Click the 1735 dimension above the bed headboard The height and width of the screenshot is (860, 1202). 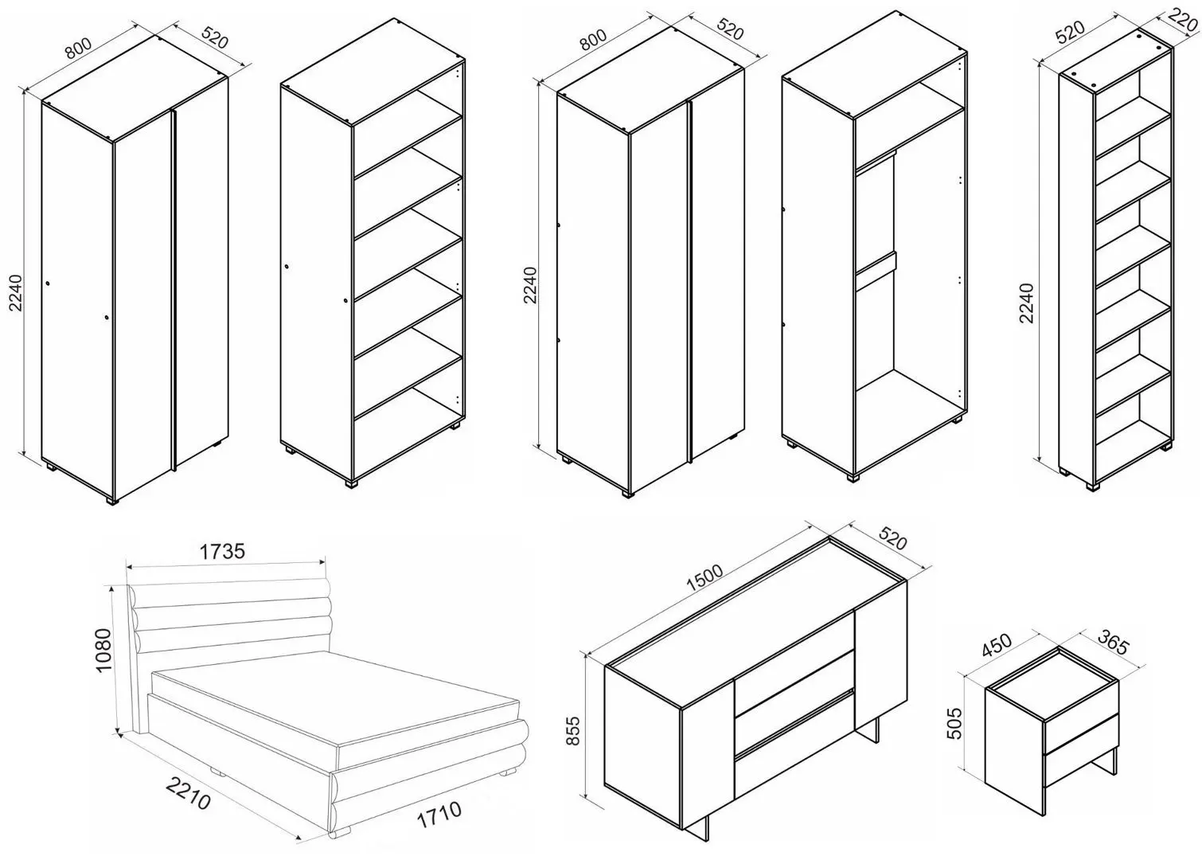coord(222,551)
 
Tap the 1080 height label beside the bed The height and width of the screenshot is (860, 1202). coord(103,650)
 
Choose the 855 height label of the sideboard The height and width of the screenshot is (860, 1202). coord(573,730)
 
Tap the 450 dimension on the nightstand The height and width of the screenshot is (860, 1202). coord(997,645)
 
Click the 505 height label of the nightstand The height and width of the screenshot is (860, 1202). coord(956,724)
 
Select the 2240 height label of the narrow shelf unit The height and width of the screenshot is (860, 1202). coord(1026,303)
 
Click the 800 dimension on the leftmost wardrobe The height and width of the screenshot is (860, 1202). coord(78,47)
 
